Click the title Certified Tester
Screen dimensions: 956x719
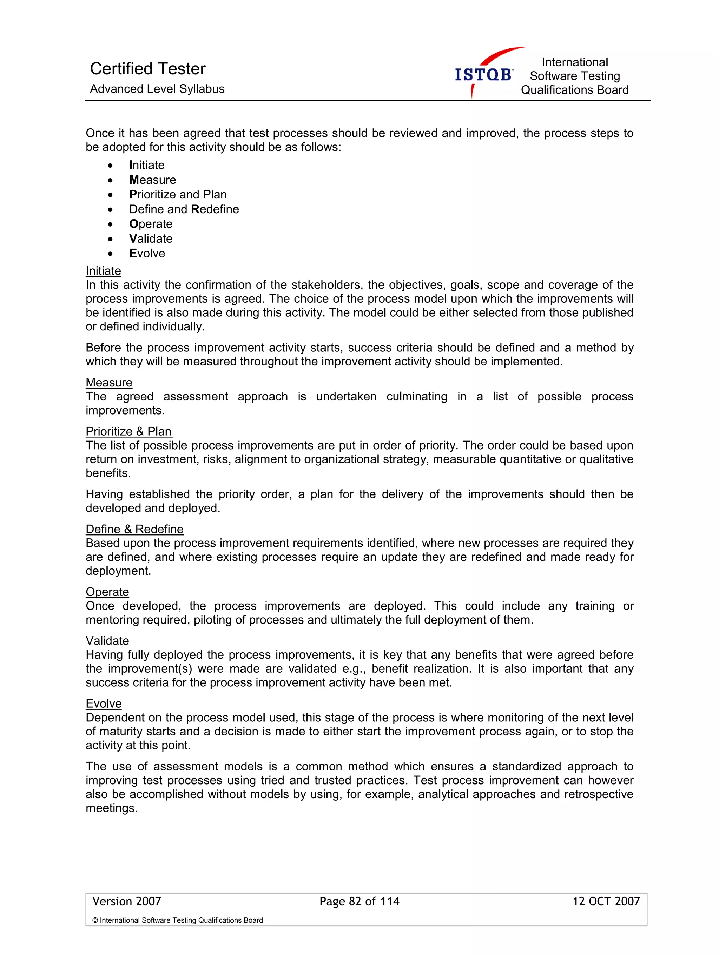[147, 69]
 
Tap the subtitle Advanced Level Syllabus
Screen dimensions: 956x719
[157, 89]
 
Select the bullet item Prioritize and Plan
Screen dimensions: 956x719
[178, 195]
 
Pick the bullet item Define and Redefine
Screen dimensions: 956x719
[184, 209]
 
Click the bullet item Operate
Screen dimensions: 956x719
[151, 224]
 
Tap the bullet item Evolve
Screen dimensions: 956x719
[147, 253]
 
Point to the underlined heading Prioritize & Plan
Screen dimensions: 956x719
[128, 431]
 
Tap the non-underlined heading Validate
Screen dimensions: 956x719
[107, 640]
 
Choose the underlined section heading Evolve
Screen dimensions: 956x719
[104, 703]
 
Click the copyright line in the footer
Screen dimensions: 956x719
[177, 920]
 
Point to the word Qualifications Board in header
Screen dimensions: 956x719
[574, 90]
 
